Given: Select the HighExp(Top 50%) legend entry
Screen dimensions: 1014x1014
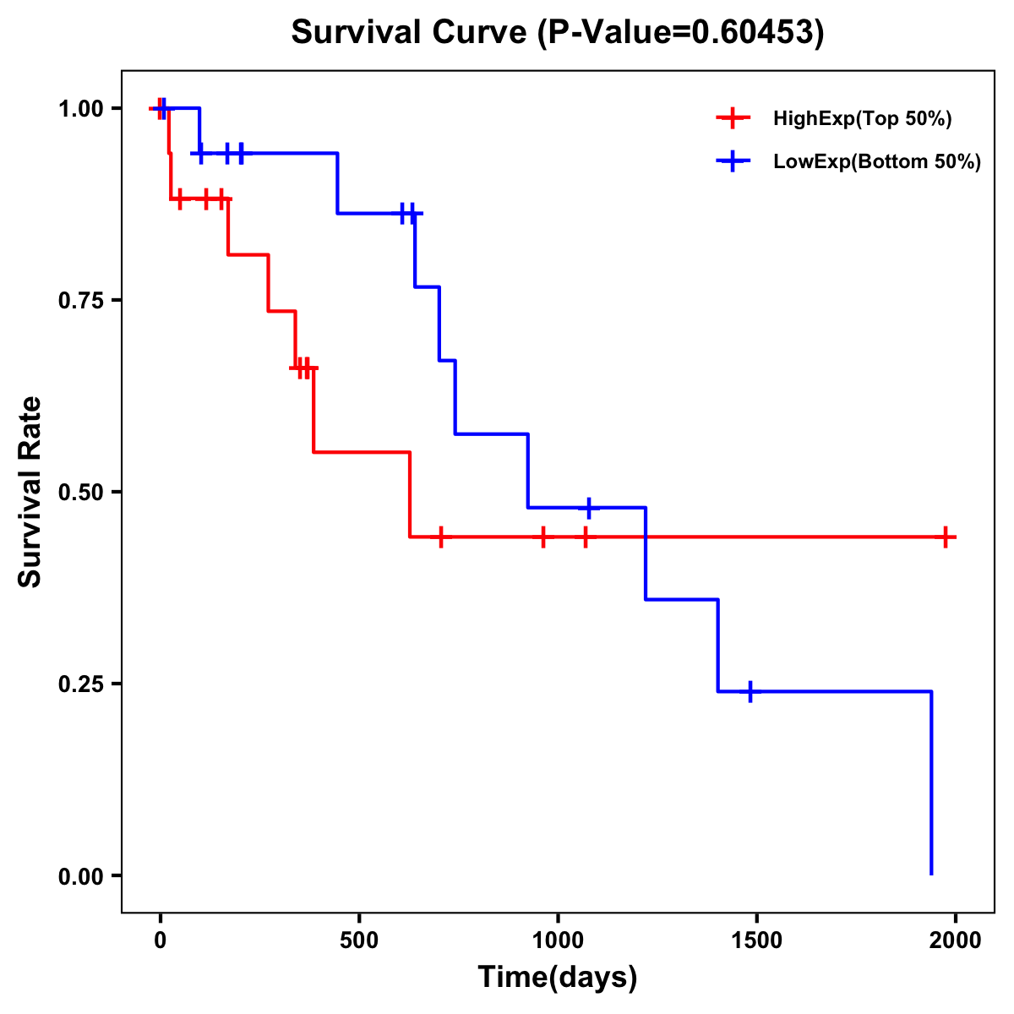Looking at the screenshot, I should pos(862,118).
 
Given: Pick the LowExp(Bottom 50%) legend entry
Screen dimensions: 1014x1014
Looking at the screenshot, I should pos(876,161).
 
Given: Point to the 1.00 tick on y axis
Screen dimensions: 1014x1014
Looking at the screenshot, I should pos(79,108).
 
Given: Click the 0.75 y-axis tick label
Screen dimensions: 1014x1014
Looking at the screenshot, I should pos(79,300).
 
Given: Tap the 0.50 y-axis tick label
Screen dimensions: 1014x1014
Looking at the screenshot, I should pos(79,492).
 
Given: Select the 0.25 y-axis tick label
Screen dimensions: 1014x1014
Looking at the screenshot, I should pos(79,684).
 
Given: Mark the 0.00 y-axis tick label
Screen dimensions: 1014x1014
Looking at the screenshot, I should pos(79,875).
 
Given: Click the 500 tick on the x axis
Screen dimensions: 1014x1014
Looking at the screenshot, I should pos(359,940).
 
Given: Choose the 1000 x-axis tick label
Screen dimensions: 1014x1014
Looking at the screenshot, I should pos(558,940).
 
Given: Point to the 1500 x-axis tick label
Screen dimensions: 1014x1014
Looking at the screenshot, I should pos(756,940).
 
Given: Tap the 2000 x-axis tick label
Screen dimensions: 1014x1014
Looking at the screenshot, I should pos(955,940).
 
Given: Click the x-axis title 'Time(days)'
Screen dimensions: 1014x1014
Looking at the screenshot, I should pos(558,977).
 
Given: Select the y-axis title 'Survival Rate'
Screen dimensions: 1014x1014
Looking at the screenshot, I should pos(30,492).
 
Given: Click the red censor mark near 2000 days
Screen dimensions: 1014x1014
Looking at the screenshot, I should pos(946,537).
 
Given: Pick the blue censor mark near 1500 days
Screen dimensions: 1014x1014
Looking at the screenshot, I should pos(750,691).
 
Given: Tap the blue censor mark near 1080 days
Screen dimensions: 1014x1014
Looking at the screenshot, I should pos(589,507).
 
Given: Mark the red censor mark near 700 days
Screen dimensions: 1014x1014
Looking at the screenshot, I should pos(440,537).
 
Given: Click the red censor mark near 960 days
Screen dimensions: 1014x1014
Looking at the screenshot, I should pos(542,537).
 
